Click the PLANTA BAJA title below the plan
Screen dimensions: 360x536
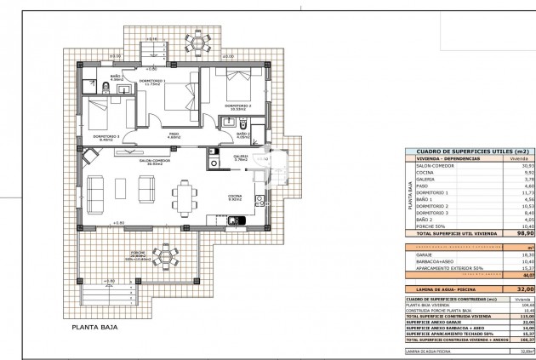click(95, 326)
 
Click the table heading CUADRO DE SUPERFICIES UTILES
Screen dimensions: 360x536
click(463, 150)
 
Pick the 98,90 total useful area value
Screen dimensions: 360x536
click(526, 231)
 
